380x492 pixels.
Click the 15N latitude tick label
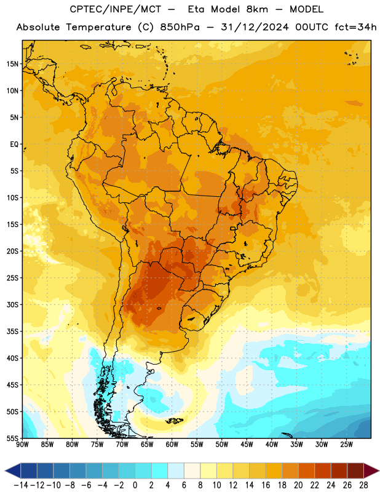tap(12, 64)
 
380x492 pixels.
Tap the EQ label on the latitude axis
tap(14, 145)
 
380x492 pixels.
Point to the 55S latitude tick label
tap(12, 438)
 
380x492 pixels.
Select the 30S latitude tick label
tap(12, 304)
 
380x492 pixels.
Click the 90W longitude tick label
tap(22, 444)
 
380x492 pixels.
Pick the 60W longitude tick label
tap(172, 444)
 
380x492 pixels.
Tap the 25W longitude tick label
tap(346, 444)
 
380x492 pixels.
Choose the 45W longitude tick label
tap(247, 444)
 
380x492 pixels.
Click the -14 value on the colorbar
tap(21, 485)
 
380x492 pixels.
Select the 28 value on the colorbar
tap(363, 485)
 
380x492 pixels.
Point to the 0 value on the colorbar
tap(135, 485)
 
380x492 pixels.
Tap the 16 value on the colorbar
tap(266, 485)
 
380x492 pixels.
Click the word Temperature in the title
tap(98, 27)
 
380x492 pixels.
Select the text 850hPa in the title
tap(180, 27)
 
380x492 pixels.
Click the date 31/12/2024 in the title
tap(255, 27)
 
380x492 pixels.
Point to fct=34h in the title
tap(355, 27)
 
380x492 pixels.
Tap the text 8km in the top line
tap(257, 9)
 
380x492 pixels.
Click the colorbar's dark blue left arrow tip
tap(6, 470)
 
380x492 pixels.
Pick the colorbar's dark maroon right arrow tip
tap(379, 470)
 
